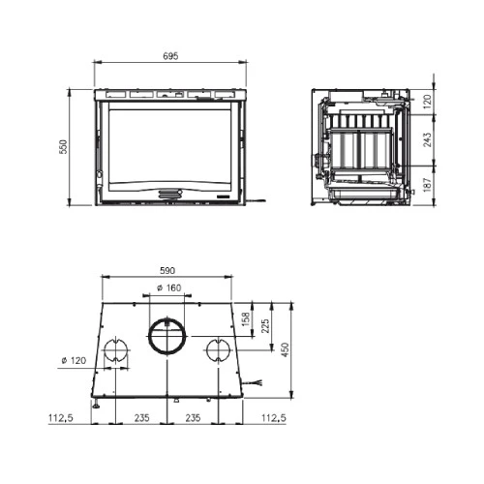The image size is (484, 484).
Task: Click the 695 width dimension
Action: pyautogui.click(x=170, y=56)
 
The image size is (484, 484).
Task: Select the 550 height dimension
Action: pyautogui.click(x=64, y=146)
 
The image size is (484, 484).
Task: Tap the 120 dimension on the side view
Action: pyautogui.click(x=427, y=102)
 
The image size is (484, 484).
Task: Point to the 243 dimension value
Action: pyautogui.click(x=427, y=139)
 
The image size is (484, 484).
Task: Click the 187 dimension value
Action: pyautogui.click(x=427, y=185)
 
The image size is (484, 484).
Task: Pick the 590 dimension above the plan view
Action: pyautogui.click(x=167, y=270)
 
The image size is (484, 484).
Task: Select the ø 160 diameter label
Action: pyautogui.click(x=169, y=287)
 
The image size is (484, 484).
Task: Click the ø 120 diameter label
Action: pyautogui.click(x=74, y=360)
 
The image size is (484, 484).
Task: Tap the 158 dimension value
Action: pyautogui.click(x=246, y=319)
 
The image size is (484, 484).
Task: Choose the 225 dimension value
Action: pyautogui.click(x=265, y=326)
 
